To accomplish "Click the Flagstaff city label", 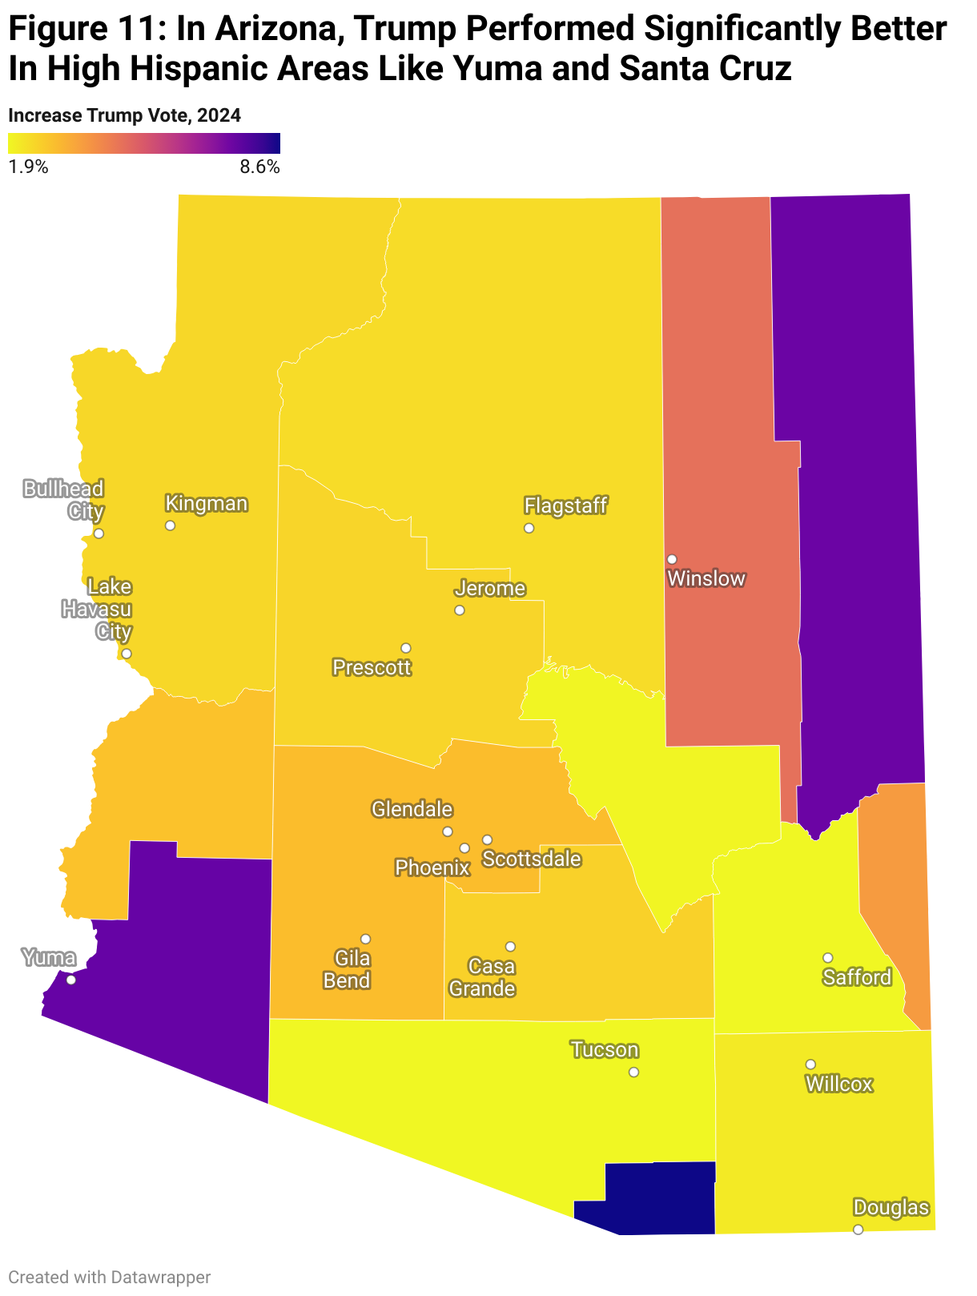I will [565, 505].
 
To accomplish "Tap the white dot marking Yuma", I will [71, 980].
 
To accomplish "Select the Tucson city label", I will [605, 1049].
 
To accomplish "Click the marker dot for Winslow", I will [672, 559].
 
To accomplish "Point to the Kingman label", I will [206, 504].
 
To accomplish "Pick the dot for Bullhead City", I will [99, 533].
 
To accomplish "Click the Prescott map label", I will [372, 667].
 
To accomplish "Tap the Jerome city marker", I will [459, 610].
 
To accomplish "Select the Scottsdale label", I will [532, 859].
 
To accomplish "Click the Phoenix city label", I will [432, 867].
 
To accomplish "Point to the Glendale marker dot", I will [448, 831].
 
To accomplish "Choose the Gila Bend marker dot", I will [365, 939].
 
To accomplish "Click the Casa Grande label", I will [482, 977].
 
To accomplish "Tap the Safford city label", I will [857, 977].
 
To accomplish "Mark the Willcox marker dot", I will [810, 1065].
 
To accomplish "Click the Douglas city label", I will [891, 1208].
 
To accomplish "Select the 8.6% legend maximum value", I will [259, 167].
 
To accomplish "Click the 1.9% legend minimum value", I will [29, 167].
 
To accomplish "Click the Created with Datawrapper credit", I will [110, 1277].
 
